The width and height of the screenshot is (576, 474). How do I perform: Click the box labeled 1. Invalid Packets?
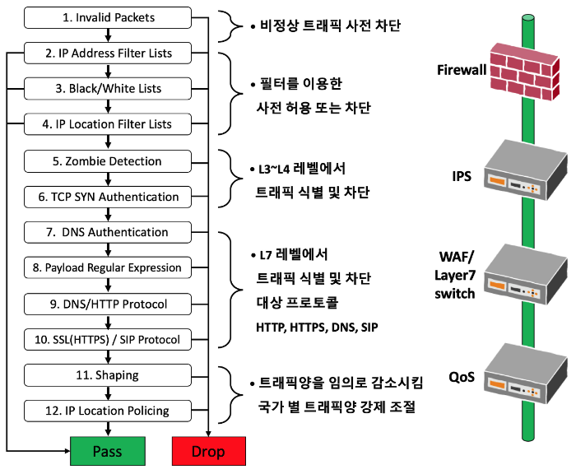(x=109, y=16)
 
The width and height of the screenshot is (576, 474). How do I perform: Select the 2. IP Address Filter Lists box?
(x=109, y=53)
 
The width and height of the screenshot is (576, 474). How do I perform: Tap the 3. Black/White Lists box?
(x=109, y=88)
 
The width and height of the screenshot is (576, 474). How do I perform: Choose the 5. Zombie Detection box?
(x=109, y=160)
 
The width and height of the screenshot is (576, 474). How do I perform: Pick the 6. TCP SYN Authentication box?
(x=109, y=197)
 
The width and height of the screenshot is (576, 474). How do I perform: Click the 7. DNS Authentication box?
(x=109, y=232)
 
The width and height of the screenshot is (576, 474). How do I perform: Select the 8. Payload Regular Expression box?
(x=109, y=267)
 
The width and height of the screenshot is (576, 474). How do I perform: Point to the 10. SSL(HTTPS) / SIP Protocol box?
(x=109, y=339)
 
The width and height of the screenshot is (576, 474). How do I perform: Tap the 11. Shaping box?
(x=109, y=374)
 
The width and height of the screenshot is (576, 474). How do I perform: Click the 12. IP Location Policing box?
(x=109, y=410)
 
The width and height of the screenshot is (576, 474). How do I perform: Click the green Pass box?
(x=107, y=452)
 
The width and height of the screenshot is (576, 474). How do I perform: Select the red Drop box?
(x=208, y=452)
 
